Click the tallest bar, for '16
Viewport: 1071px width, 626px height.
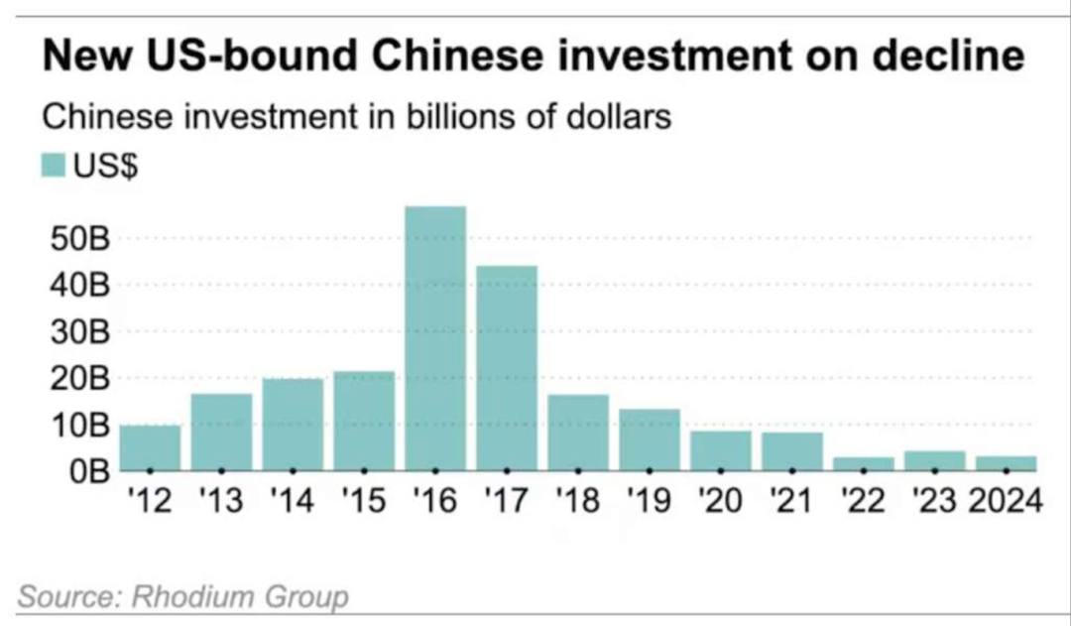click(435, 337)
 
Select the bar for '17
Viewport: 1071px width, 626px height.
click(507, 367)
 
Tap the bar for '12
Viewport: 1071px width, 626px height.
click(150, 447)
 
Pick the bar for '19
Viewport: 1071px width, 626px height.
click(650, 439)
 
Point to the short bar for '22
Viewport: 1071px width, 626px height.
click(864, 463)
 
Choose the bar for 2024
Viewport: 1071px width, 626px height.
click(1007, 462)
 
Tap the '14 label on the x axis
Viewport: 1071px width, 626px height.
click(293, 500)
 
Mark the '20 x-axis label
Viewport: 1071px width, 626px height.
click(721, 500)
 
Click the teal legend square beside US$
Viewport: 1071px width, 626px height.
click(53, 165)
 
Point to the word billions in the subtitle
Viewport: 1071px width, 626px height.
click(455, 117)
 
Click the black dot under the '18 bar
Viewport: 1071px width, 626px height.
click(578, 469)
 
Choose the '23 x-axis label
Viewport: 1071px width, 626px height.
click(935, 500)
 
